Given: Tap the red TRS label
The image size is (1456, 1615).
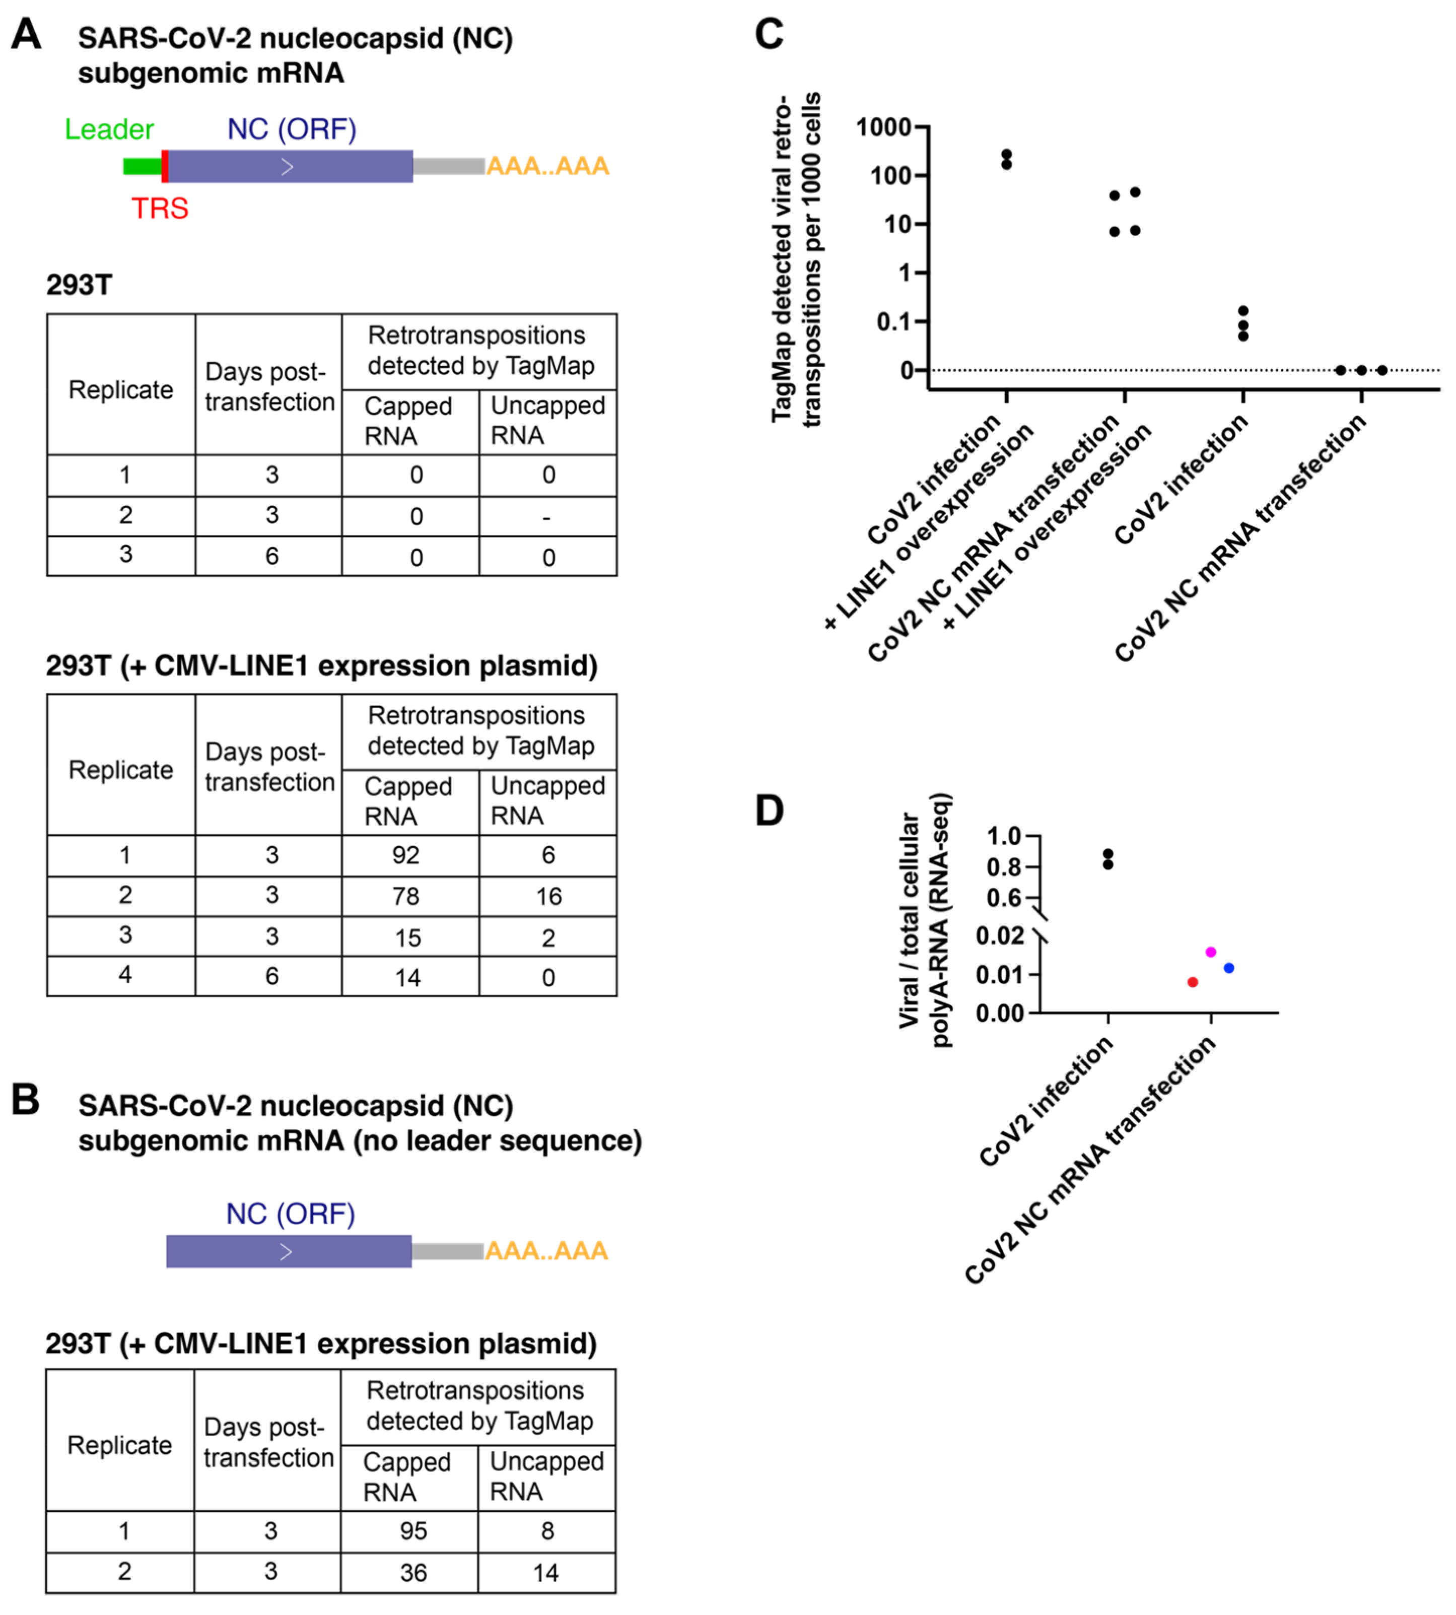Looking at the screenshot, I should tap(160, 209).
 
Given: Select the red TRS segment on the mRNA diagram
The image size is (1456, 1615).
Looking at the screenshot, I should tap(165, 166).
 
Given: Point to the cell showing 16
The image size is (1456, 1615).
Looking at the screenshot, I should tap(548, 896).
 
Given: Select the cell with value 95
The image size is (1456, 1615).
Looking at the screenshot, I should tap(413, 1530).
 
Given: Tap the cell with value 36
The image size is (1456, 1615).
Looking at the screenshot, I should tap(413, 1572).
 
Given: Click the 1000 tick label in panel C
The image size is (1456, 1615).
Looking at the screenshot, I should tap(883, 127).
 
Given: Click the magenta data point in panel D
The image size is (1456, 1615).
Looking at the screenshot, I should tap(1210, 952).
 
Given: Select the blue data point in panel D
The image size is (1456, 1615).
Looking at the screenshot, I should tap(1229, 968).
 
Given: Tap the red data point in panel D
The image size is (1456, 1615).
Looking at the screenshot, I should tap(1193, 981).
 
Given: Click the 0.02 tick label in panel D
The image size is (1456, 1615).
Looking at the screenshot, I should tap(1000, 935).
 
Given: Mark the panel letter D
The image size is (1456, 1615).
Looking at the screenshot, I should tap(770, 811).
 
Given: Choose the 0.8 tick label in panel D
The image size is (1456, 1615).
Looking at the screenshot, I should tap(1004, 867).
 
